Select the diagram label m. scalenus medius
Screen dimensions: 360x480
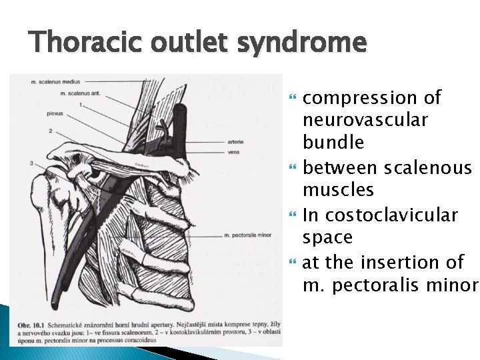pos(53,83)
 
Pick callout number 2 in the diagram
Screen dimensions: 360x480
pos(50,130)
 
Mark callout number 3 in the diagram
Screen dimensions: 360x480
pos(31,163)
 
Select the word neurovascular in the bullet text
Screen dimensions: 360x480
pos(365,121)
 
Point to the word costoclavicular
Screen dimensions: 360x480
pos(390,215)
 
